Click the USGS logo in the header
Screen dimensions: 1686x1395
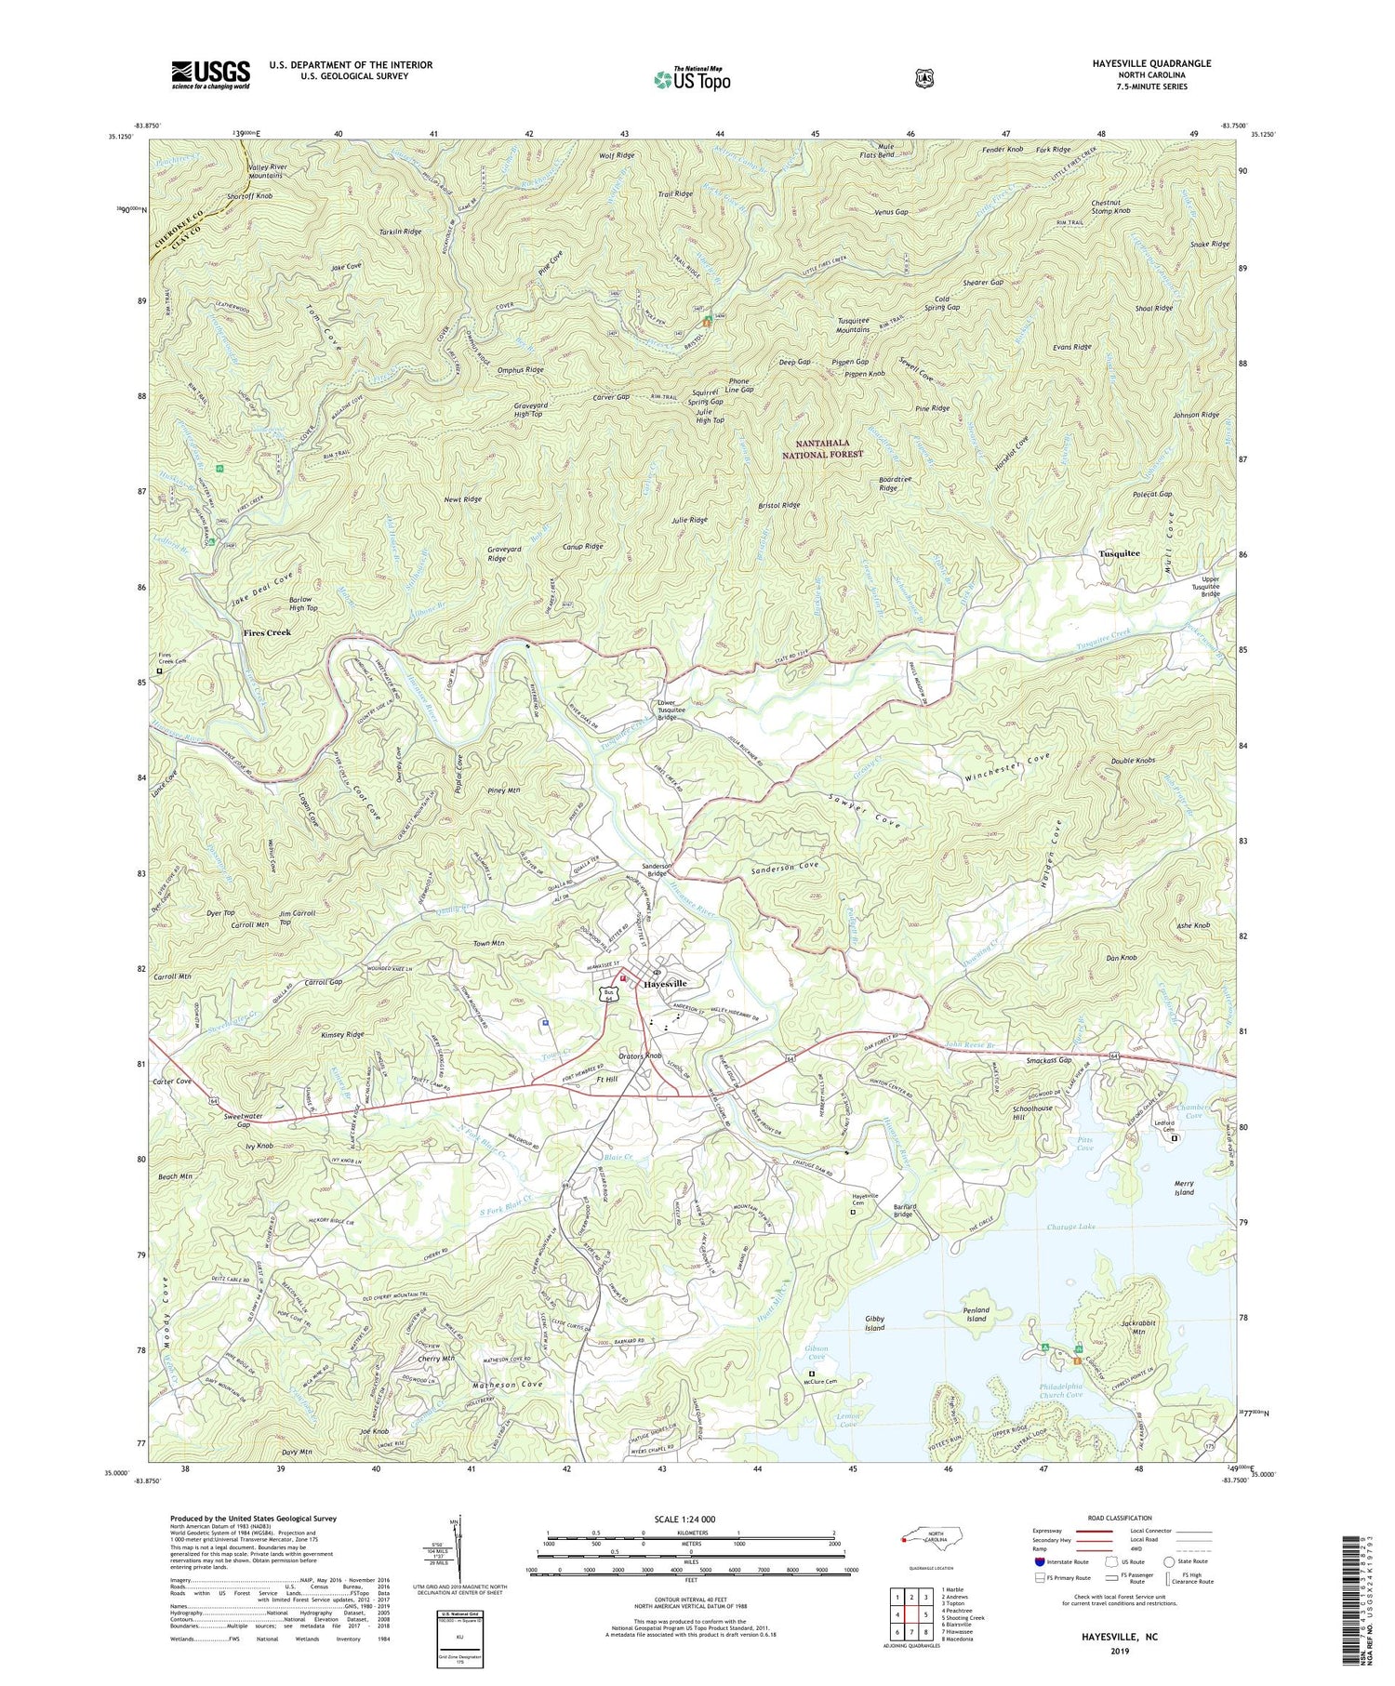[210, 74]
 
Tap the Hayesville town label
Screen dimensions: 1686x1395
[666, 983]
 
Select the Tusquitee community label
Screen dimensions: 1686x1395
[1119, 553]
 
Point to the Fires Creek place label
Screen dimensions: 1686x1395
[267, 632]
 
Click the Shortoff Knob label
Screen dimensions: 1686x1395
[250, 196]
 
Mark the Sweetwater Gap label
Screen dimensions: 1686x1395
[231, 1119]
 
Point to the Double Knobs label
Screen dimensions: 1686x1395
[1133, 761]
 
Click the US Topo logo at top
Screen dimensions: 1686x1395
[692, 79]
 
